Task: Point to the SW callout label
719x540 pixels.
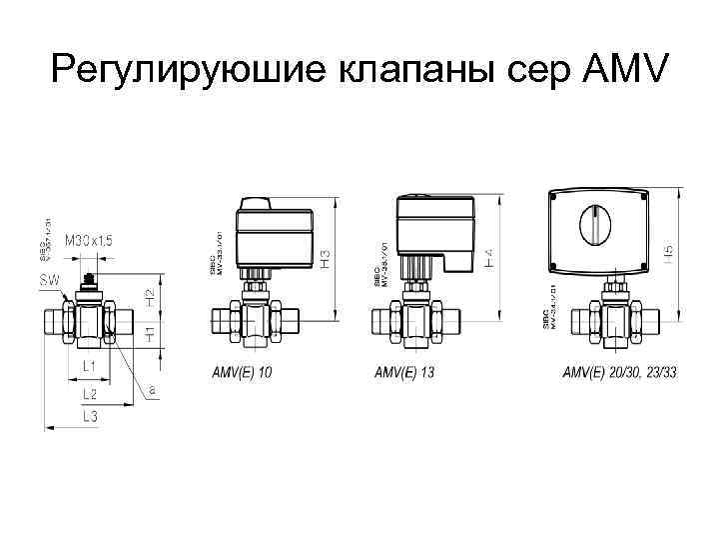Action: (x=49, y=280)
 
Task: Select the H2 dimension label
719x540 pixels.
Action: (x=149, y=297)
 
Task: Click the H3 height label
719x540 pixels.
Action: (x=326, y=256)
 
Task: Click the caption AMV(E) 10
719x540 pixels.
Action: (x=242, y=373)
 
